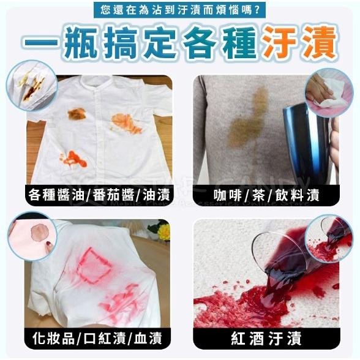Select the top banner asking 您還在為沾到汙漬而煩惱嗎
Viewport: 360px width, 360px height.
point(181,10)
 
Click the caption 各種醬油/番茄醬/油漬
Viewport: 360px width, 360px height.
point(99,195)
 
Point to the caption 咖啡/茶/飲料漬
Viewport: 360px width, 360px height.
point(266,195)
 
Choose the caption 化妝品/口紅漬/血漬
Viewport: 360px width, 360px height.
point(99,336)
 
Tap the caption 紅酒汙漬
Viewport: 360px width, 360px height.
point(266,336)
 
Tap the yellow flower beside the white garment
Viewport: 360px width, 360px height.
point(163,231)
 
